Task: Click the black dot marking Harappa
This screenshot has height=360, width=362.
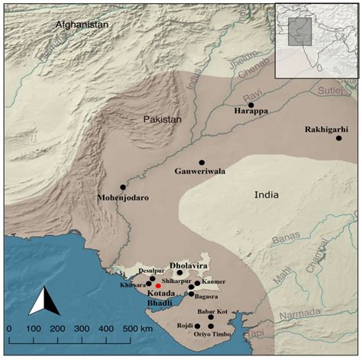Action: (x=250, y=105)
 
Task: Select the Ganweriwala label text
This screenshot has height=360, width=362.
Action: (x=200, y=172)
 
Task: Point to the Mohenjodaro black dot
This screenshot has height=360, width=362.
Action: (x=123, y=187)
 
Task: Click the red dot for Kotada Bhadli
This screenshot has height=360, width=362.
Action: (x=158, y=285)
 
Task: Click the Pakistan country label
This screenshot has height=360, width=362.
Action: (x=163, y=120)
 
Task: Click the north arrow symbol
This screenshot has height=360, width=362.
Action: (x=44, y=301)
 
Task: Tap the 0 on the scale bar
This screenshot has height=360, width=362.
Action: (x=9, y=328)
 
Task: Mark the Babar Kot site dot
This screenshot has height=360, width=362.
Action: (x=212, y=318)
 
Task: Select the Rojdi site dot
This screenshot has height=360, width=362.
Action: (x=197, y=326)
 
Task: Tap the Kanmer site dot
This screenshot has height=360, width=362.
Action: (x=197, y=283)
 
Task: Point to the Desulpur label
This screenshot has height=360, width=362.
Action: (x=150, y=271)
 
